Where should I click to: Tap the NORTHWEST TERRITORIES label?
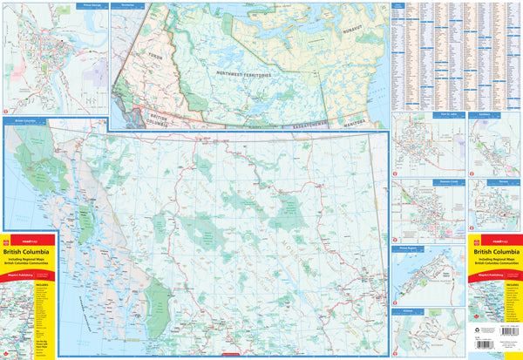tap(245, 75)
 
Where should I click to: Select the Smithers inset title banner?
tap(484, 114)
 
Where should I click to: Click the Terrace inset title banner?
tap(484, 181)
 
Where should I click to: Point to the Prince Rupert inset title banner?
tap(410, 248)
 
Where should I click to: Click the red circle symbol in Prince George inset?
tap(7, 111)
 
